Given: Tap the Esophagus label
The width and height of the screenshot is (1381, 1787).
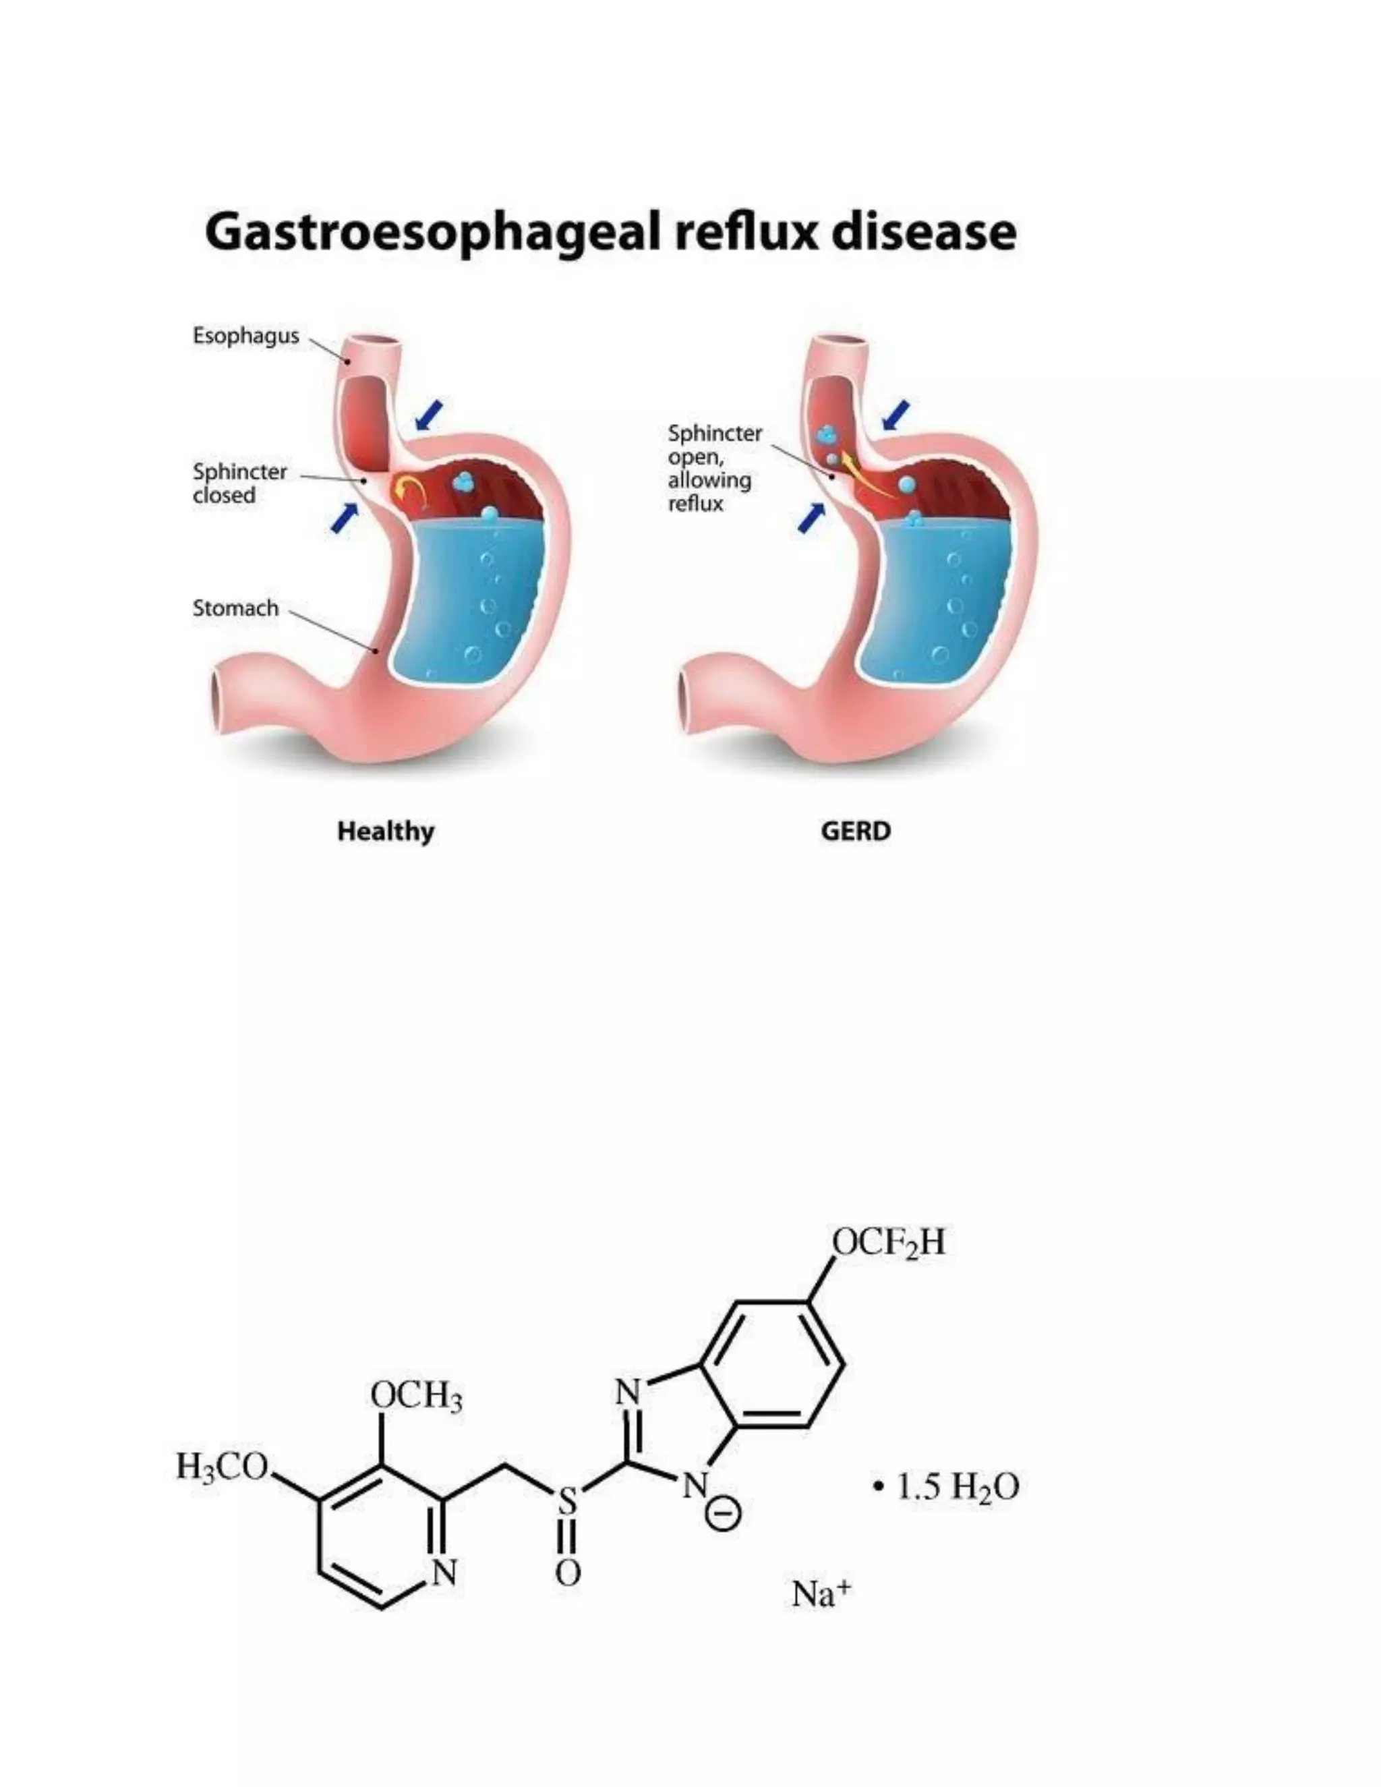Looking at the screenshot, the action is coord(245,336).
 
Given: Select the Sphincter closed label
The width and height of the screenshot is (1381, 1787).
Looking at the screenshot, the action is coord(239,484).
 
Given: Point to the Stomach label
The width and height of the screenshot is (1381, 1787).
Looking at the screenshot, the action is coord(235,609).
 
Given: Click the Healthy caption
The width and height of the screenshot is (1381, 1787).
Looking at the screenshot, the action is coord(385,832).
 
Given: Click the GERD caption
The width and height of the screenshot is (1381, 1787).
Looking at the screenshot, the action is coord(856,832).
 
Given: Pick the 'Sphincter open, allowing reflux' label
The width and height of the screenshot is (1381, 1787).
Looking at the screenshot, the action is coord(713,468).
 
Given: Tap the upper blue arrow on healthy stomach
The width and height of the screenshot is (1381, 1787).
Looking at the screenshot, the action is coord(429,415).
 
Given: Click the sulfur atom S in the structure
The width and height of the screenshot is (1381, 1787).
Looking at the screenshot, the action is coord(567,1500).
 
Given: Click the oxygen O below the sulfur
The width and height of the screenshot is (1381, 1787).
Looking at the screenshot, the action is coord(568,1573).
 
